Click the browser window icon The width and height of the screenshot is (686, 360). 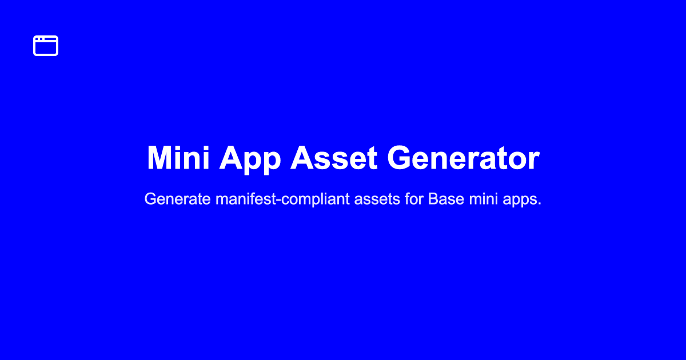(x=46, y=46)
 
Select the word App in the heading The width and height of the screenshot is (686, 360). (x=250, y=158)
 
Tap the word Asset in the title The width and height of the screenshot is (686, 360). (x=334, y=158)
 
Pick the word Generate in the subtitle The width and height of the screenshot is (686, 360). (x=178, y=199)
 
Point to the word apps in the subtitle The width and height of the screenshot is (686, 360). (x=521, y=199)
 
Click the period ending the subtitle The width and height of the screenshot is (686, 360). (x=539, y=205)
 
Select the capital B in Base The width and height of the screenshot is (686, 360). (x=433, y=199)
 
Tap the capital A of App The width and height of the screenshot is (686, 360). (x=232, y=158)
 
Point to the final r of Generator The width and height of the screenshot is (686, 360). (x=534, y=162)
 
